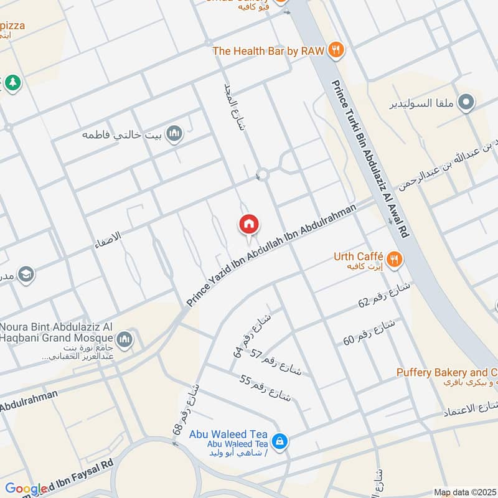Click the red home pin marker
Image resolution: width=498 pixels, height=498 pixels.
(x=249, y=225)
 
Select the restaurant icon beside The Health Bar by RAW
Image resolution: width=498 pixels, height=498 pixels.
(x=336, y=50)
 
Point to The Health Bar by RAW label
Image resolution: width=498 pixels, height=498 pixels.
(x=268, y=51)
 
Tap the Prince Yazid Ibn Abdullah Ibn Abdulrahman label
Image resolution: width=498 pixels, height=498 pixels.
(x=275, y=255)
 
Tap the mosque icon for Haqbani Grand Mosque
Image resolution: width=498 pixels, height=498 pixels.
(x=125, y=339)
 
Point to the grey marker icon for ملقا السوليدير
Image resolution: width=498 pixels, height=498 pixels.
(x=466, y=102)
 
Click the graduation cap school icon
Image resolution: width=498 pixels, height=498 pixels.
(x=26, y=274)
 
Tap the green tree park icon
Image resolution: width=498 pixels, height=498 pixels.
(x=12, y=82)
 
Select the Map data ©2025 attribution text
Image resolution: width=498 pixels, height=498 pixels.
(x=464, y=492)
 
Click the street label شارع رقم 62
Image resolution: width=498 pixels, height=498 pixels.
(x=384, y=295)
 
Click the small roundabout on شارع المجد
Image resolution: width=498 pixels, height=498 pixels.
(x=263, y=175)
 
